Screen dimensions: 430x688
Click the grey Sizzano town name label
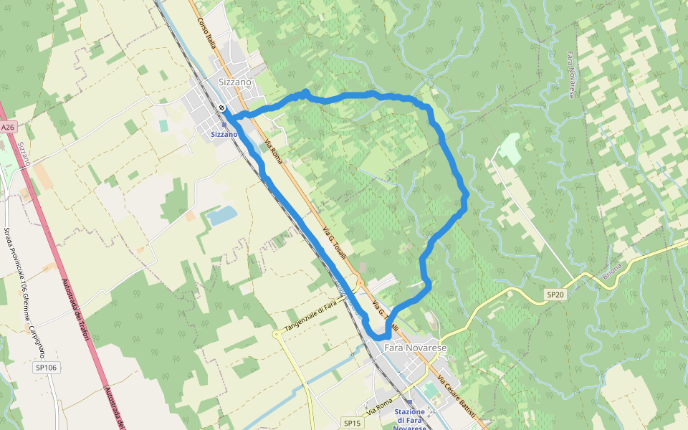pyautogui.click(x=234, y=82)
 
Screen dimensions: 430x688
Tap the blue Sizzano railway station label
pyautogui.click(x=224, y=134)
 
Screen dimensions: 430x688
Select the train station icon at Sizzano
pyautogui.click(x=222, y=108)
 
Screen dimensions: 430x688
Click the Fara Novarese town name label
pyautogui.click(x=416, y=348)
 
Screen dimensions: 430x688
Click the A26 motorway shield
pyautogui.click(x=7, y=127)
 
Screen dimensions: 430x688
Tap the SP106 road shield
pyautogui.click(x=45, y=368)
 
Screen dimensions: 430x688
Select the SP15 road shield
pyautogui.click(x=351, y=423)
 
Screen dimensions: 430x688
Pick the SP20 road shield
pyautogui.click(x=555, y=295)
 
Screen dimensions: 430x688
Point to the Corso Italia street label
pyautogui.click(x=207, y=33)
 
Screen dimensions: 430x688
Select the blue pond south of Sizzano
pyautogui.click(x=221, y=215)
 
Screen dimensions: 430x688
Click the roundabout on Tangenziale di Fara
pyautogui.click(x=277, y=333)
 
